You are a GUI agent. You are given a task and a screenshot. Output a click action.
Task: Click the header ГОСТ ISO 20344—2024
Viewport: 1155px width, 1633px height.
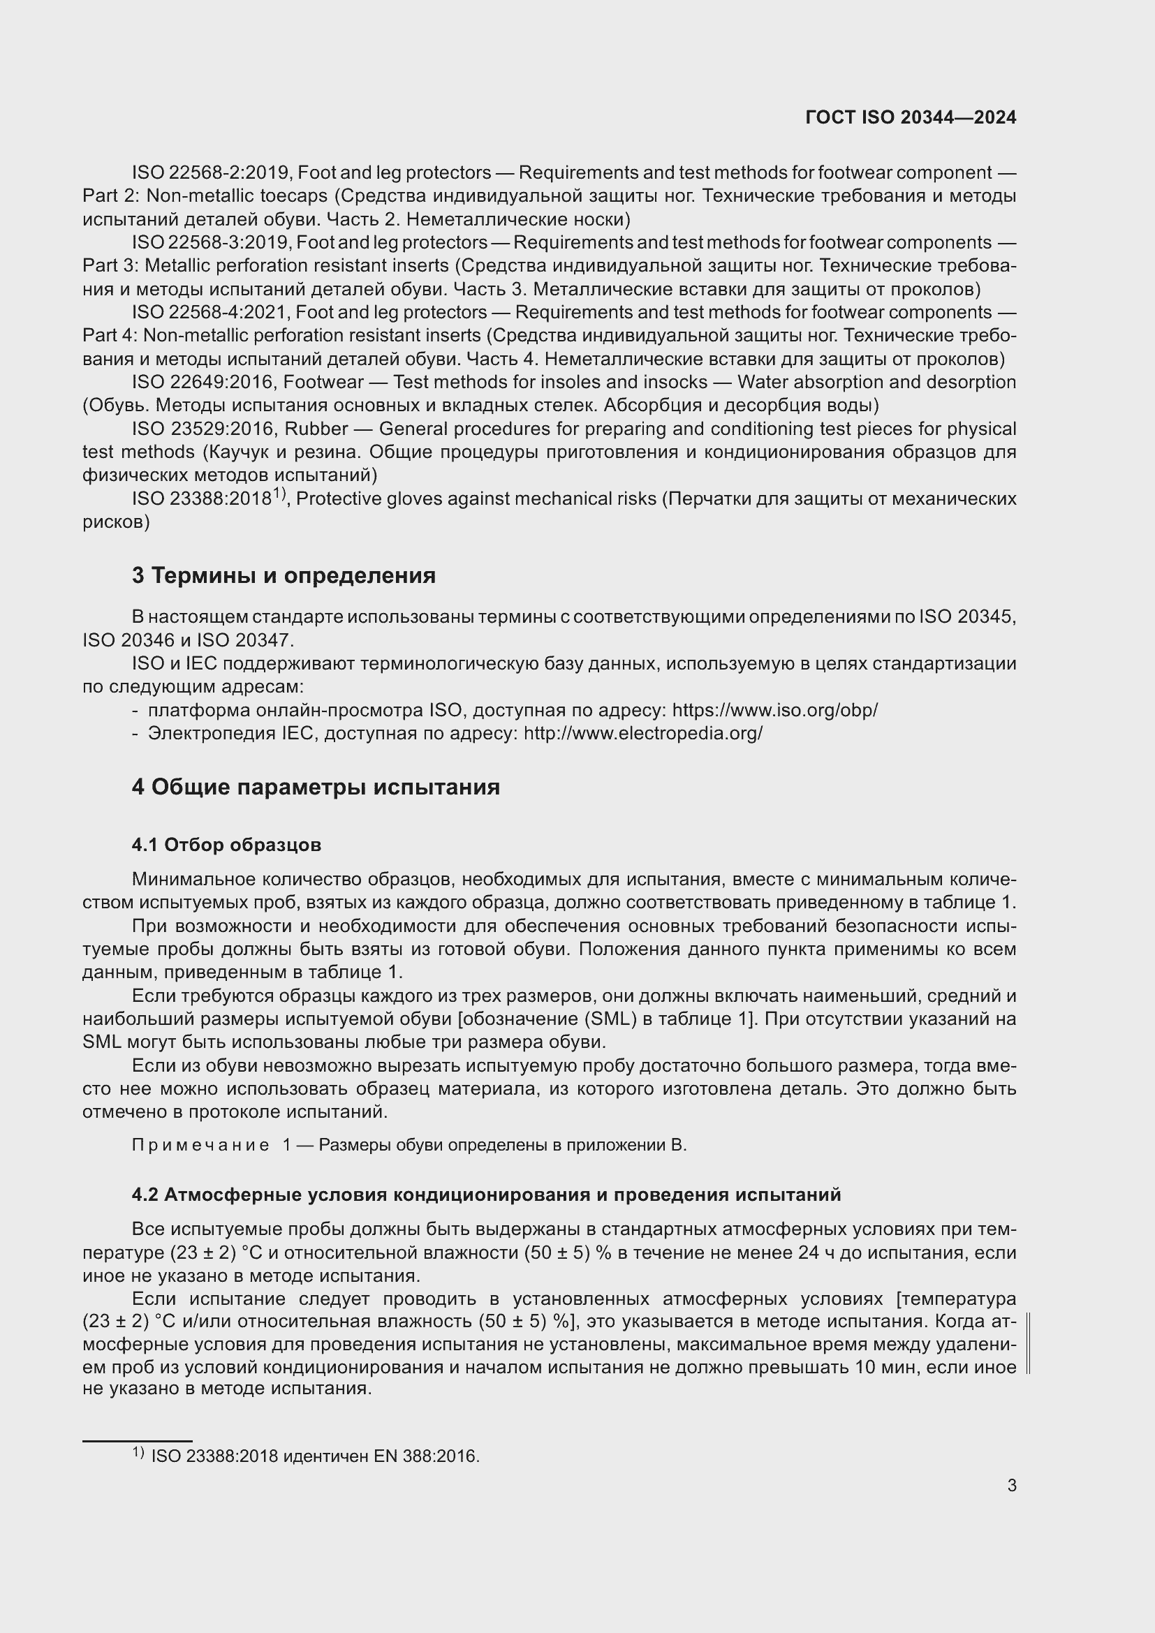coord(911,117)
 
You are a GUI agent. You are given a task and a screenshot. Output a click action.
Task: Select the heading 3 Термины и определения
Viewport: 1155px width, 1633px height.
coord(283,575)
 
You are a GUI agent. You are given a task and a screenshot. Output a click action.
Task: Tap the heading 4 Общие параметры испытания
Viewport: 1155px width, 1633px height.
coord(315,788)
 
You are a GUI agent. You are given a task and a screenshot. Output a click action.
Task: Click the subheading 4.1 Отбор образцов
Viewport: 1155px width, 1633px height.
coord(226,845)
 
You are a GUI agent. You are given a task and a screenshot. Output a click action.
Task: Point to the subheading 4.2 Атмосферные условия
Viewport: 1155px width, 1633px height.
coord(486,1195)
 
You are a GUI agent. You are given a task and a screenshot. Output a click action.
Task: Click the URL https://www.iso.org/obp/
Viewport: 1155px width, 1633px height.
coord(774,710)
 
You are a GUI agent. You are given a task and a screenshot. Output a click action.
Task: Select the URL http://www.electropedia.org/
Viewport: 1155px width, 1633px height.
coord(643,733)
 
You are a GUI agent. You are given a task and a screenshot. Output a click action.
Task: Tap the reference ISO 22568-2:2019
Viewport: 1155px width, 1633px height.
coord(210,173)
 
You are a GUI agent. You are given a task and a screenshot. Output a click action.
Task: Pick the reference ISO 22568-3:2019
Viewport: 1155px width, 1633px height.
coord(210,242)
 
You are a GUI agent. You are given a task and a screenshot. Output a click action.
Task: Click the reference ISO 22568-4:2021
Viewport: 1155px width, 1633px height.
coord(210,312)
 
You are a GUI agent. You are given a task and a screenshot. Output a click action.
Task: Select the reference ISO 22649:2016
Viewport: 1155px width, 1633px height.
coord(205,382)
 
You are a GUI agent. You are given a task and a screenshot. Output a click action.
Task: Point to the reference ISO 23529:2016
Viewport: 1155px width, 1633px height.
coord(205,429)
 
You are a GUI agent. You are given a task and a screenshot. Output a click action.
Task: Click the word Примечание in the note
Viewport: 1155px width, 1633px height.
coord(200,1145)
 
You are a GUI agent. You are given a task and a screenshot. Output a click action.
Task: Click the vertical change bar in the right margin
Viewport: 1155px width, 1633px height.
coord(1029,1343)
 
